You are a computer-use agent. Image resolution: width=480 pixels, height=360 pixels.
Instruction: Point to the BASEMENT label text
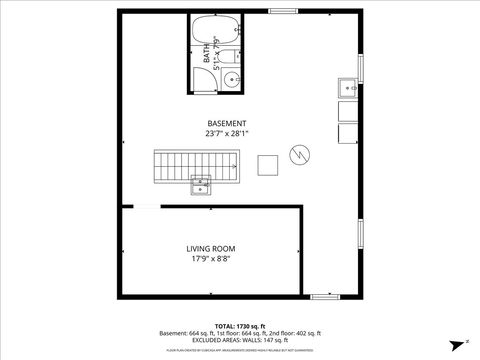point(227,123)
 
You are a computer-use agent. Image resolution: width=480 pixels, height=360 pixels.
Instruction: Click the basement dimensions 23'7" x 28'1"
point(227,133)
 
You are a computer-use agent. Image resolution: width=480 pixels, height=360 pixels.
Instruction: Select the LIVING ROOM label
point(210,248)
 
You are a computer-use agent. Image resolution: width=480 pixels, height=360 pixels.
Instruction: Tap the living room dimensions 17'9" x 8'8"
point(210,259)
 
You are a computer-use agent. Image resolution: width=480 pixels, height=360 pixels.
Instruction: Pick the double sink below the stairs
point(201,186)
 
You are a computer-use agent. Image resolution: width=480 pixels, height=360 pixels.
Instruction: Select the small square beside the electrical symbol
point(268,164)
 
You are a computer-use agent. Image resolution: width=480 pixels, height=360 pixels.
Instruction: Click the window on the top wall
point(282,11)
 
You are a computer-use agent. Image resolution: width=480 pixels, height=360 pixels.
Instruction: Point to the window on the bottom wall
point(325,296)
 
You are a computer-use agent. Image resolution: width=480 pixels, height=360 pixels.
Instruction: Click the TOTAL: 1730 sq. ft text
point(240,326)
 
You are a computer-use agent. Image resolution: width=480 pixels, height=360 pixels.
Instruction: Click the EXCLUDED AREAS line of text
point(240,341)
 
